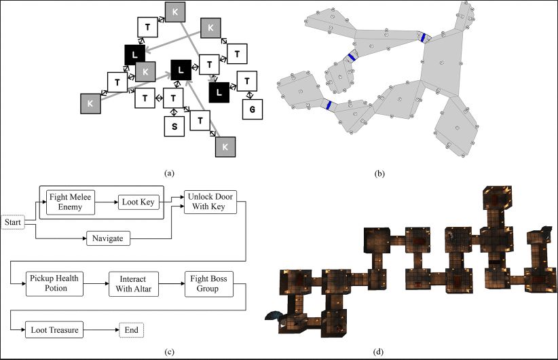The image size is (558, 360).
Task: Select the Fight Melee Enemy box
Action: click(70, 201)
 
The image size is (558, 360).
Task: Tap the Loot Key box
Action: click(138, 202)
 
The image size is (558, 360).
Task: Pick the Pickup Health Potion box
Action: click(56, 284)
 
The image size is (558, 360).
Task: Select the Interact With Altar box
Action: click(133, 284)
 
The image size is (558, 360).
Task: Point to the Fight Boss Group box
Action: click(208, 284)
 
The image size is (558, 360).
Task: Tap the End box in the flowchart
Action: click(131, 331)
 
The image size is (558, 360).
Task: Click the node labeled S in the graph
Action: click(174, 126)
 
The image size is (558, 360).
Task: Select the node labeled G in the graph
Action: click(253, 108)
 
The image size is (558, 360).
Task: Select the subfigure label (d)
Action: click(378, 351)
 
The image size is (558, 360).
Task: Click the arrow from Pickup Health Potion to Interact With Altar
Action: click(97, 284)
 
